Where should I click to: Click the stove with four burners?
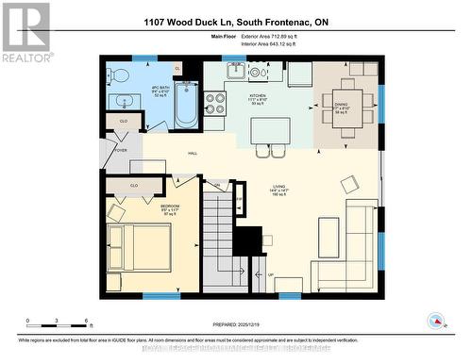tap(215, 100)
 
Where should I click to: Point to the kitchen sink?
tap(234, 71)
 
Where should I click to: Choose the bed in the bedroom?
tap(139, 243)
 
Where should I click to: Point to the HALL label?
tap(192, 153)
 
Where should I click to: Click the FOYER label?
tap(120, 150)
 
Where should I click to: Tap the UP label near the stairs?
tap(271, 275)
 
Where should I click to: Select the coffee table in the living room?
tap(328, 233)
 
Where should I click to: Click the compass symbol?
tap(435, 321)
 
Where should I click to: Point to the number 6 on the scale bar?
tap(87, 321)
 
